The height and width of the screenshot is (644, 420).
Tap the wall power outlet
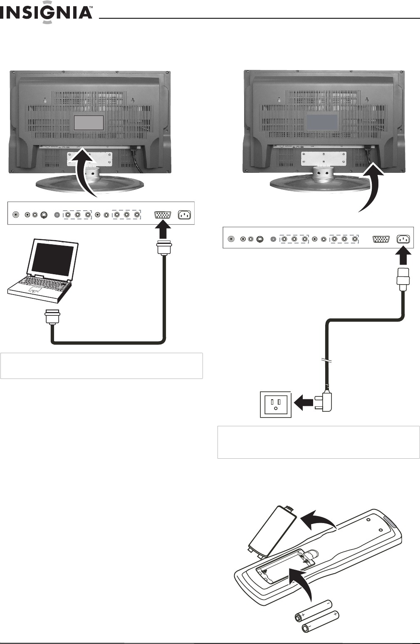pos(276,404)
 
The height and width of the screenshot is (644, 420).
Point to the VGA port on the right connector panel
pos(380,239)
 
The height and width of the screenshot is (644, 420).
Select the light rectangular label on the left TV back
pos(89,123)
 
